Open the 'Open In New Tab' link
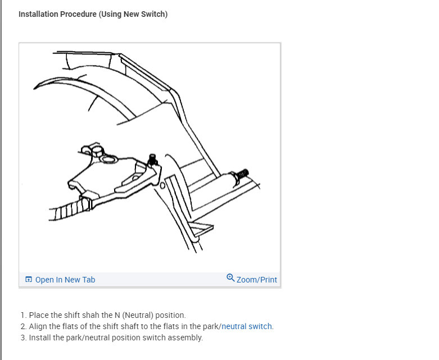(x=65, y=280)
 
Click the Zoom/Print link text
(x=257, y=280)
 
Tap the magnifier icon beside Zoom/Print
(x=230, y=278)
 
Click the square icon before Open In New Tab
(x=29, y=280)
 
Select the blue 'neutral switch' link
(x=246, y=326)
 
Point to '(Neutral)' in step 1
(x=138, y=315)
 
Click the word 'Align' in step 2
(x=38, y=326)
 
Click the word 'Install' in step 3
(x=40, y=338)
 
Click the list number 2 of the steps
(x=23, y=326)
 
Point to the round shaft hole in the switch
(x=109, y=159)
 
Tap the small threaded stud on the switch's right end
(x=152, y=160)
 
